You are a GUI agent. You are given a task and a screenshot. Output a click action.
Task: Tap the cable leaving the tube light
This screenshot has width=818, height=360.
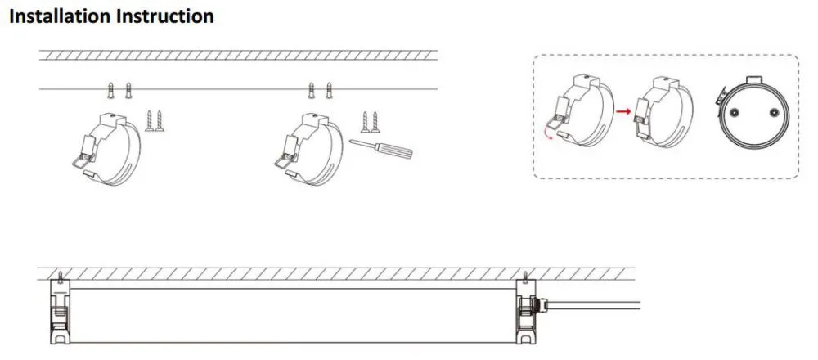[591, 308]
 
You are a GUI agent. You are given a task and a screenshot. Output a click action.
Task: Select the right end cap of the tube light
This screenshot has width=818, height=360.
[527, 312]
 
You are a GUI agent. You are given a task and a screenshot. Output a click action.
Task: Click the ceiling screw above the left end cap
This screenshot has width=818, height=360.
[61, 277]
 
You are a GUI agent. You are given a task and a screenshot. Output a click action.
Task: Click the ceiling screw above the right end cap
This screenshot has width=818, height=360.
[527, 277]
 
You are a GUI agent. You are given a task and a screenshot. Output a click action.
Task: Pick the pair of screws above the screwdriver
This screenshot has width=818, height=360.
[370, 122]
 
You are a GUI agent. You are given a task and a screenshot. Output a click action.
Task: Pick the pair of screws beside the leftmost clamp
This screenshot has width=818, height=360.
[155, 120]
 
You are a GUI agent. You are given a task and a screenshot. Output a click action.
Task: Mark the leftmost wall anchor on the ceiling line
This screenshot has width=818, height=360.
[110, 90]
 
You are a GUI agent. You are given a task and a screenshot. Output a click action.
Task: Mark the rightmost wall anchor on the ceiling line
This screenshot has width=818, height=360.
[329, 90]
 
